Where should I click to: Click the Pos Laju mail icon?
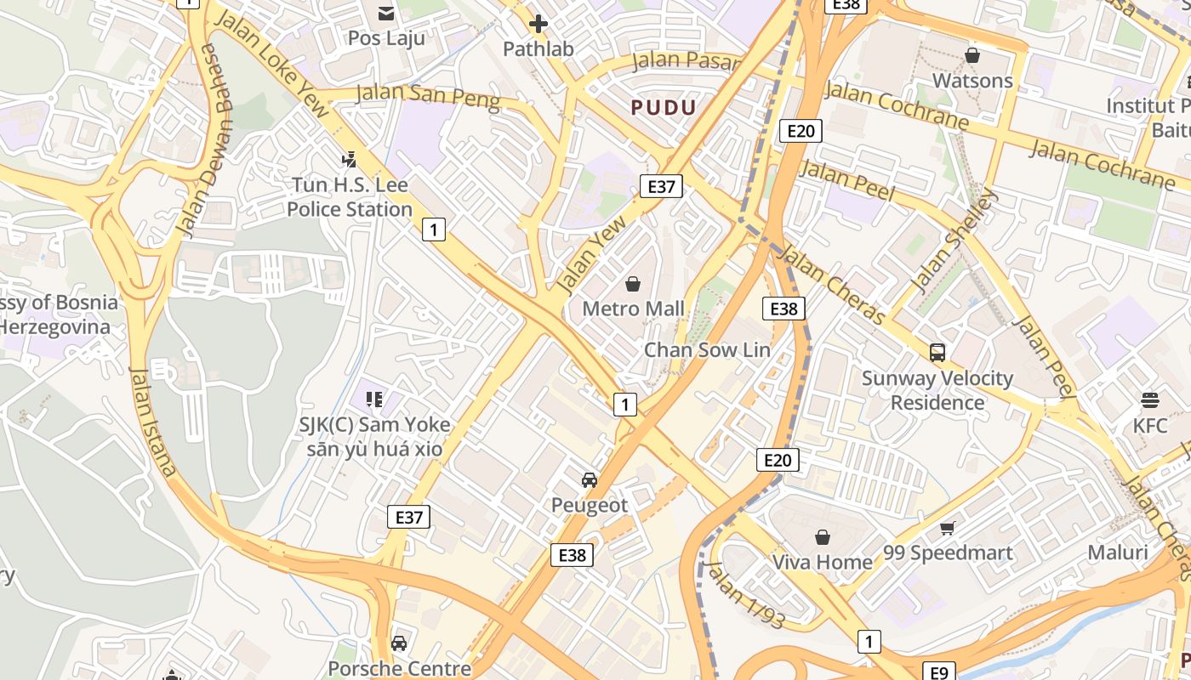point(386,13)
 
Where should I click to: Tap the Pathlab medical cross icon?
point(538,24)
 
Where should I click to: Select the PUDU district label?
point(664,107)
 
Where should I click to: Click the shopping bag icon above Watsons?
point(972,55)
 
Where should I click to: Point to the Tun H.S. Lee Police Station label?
point(350,197)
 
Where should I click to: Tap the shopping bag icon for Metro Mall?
point(633,283)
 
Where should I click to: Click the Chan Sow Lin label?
point(707,349)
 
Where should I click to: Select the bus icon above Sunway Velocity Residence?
point(937,352)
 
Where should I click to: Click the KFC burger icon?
point(1150,400)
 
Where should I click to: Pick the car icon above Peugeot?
point(590,480)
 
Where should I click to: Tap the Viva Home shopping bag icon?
point(822,537)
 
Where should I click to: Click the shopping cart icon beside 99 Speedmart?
point(948,529)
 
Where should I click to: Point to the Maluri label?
point(1118,552)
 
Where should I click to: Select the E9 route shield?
point(938,672)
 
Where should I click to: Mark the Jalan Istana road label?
point(153,422)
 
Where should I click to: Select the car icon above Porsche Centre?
point(399,643)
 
